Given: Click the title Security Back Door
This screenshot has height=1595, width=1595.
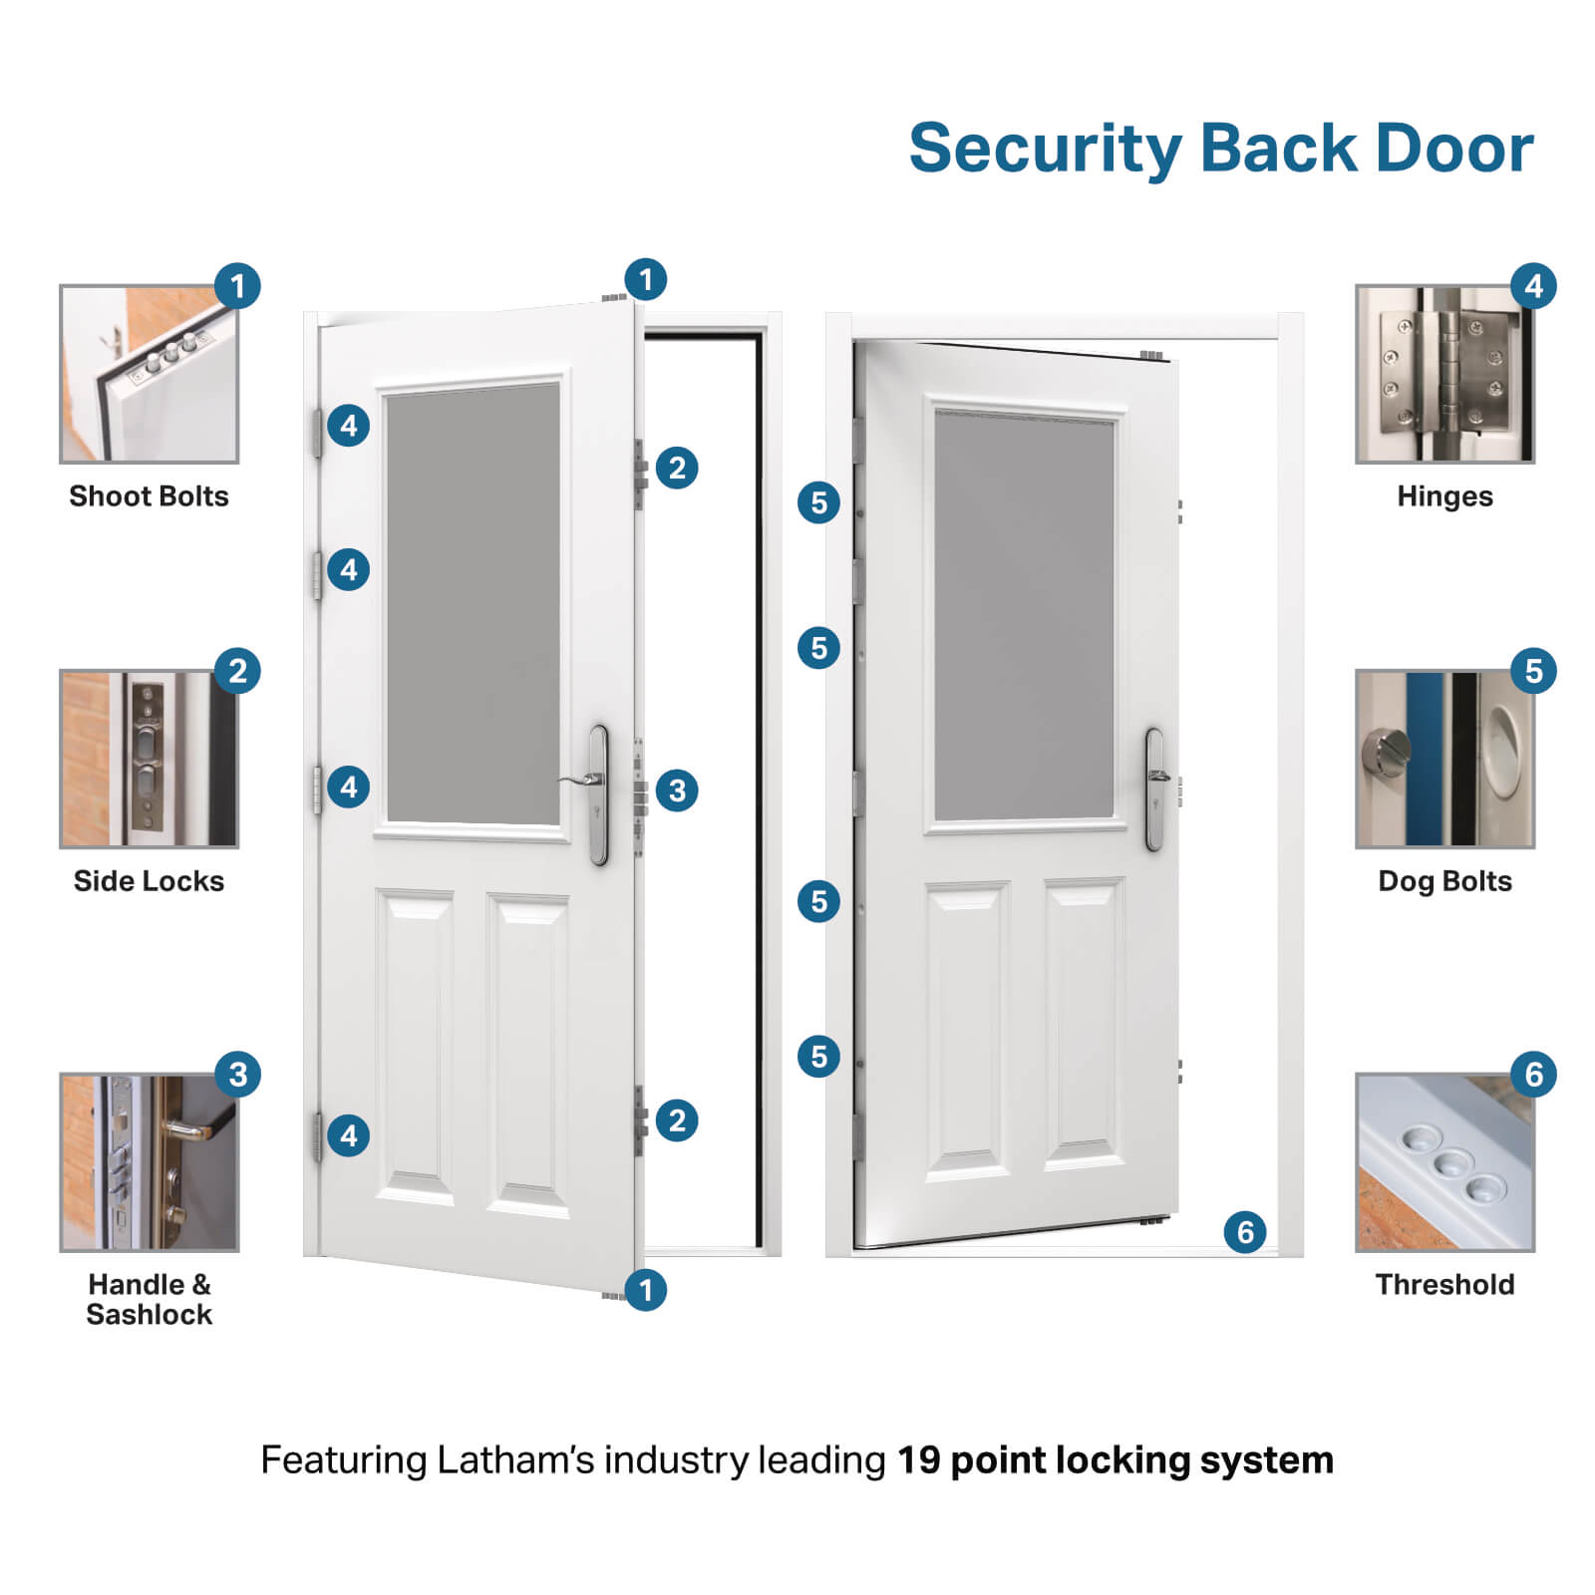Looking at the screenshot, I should click(1220, 149).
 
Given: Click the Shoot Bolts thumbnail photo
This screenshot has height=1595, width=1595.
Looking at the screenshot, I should click(150, 375).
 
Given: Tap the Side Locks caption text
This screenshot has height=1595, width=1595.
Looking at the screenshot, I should click(149, 881).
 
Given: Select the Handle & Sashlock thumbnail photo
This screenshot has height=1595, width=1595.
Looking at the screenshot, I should click(150, 1162).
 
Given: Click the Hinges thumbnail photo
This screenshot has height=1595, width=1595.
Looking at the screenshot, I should click(1444, 375).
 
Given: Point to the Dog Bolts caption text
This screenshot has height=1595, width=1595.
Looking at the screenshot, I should click(1444, 881).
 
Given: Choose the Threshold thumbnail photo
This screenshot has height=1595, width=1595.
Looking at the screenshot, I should click(1444, 1162).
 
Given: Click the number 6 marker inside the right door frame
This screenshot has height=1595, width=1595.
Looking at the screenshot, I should click(1245, 1232).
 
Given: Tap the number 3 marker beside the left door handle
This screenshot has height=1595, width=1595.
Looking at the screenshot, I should click(677, 791).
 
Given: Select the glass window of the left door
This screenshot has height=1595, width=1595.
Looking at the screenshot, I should click(473, 604).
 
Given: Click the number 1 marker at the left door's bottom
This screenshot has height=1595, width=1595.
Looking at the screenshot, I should click(646, 1290).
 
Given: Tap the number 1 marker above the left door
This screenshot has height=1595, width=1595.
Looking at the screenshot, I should click(646, 279).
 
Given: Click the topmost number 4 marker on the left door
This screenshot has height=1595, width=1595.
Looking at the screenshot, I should click(348, 426).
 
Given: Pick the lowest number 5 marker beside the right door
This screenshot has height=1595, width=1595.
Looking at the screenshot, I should click(818, 1056).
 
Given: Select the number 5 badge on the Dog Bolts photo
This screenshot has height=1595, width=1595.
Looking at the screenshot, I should click(1533, 671).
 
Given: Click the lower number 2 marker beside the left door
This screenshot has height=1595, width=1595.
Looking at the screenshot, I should click(677, 1120).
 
